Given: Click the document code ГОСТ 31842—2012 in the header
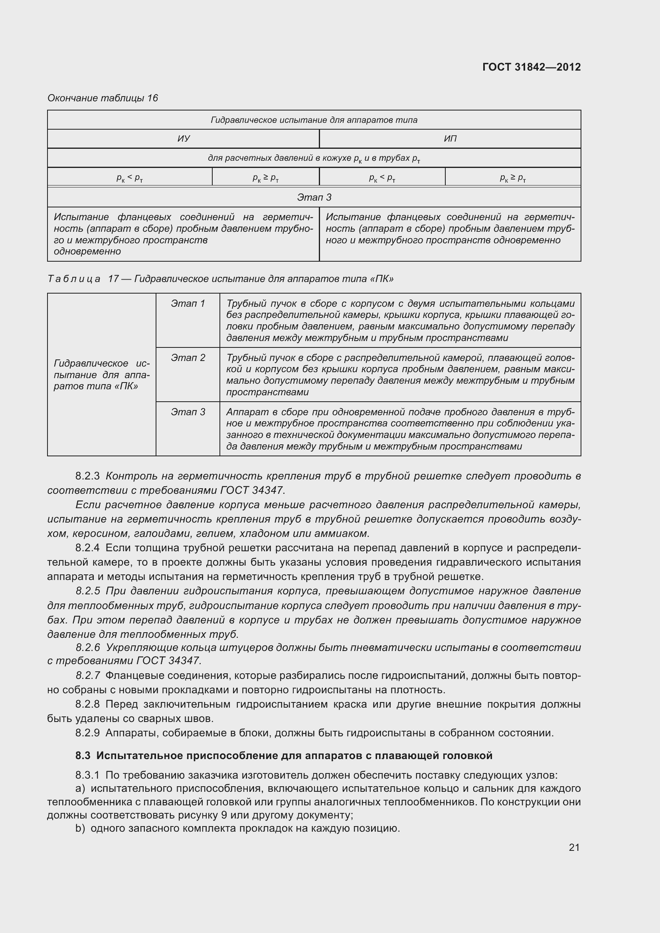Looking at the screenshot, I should point(531,67).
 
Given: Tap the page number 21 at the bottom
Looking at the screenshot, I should point(574,847).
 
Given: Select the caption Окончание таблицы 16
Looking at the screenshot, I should point(103,98).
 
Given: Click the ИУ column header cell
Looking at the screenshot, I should point(183,139).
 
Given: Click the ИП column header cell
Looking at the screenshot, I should point(450,139).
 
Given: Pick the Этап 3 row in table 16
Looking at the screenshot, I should point(314,197).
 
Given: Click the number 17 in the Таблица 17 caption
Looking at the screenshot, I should point(113,279).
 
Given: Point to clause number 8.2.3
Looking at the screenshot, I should point(87,476).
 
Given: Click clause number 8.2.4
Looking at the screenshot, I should point(87,548).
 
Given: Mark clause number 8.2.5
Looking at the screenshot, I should point(87,591).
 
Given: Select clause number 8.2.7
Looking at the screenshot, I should point(87,675).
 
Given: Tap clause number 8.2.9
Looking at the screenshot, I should point(87,733).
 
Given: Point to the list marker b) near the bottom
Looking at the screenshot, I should point(80,828).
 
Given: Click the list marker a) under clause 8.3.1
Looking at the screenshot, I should point(80,789).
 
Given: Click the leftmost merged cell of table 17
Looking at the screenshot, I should point(102,374).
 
